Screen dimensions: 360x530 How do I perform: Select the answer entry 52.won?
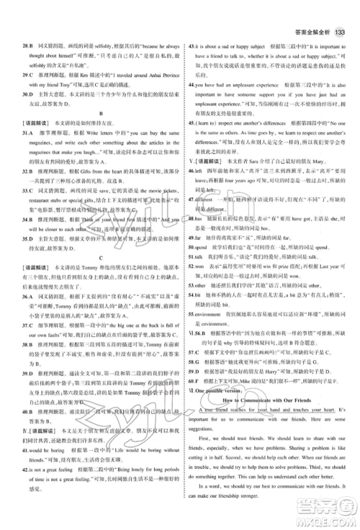[195, 286]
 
